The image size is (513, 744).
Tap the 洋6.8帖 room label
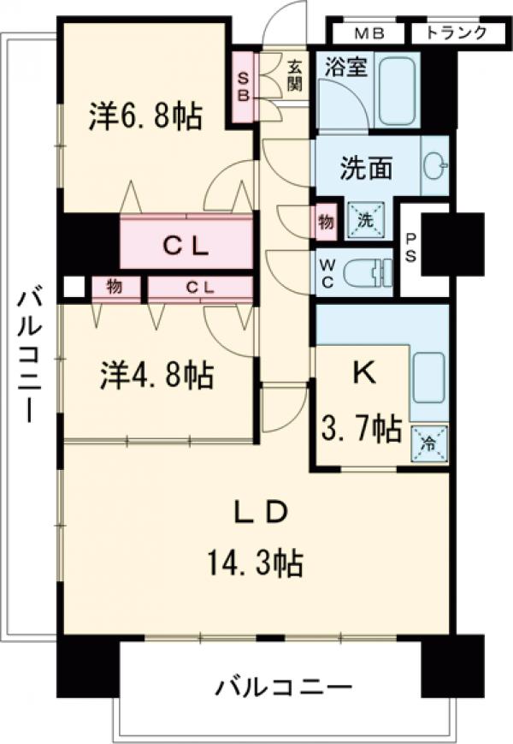tap(145, 116)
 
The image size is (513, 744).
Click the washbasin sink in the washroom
tap(435, 167)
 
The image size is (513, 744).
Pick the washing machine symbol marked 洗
tap(365, 220)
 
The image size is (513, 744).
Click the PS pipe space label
tap(412, 250)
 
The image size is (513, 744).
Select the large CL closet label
tap(186, 245)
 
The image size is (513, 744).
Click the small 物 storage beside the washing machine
tap(326, 221)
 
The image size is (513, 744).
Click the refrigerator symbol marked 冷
tap(428, 443)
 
